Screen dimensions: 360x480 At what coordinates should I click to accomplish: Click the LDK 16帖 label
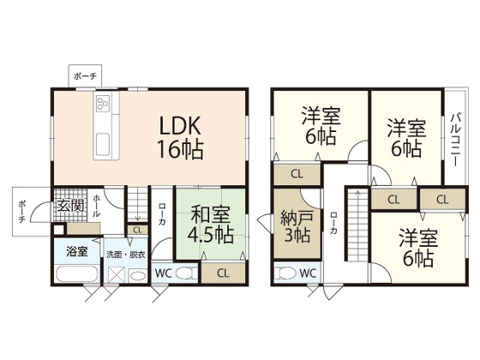[x=179, y=137]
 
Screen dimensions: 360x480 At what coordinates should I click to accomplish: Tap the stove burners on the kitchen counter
[x=103, y=107]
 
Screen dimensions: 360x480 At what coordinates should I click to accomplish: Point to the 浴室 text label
[x=76, y=252]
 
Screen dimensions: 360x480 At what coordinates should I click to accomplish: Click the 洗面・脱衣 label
[x=125, y=255]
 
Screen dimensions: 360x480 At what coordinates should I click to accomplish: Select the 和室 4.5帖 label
[x=210, y=222]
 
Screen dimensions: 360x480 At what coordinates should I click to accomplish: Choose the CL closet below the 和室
[x=222, y=273]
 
